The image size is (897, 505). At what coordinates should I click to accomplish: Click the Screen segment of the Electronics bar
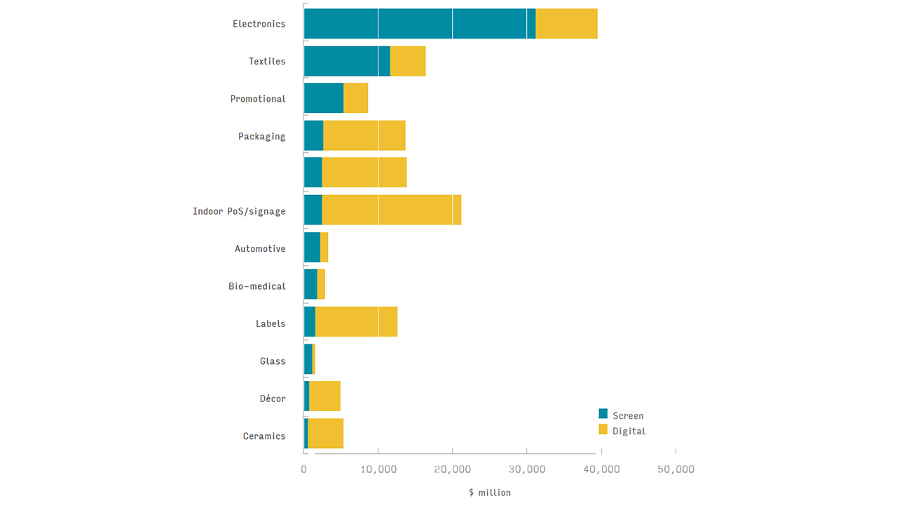[x=419, y=24]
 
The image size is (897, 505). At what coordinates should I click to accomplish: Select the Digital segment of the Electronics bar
[x=566, y=24]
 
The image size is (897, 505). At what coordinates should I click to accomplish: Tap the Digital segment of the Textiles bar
[x=408, y=62]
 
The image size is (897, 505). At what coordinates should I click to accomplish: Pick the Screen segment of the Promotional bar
[x=324, y=99]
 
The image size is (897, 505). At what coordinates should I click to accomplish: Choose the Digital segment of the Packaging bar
[x=364, y=136]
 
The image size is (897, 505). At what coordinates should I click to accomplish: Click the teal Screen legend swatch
[x=603, y=414]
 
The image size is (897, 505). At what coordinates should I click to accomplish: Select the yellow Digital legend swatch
[x=603, y=429]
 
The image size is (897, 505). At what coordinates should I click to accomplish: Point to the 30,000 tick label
[x=526, y=469]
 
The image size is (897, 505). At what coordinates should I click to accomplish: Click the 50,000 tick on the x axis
[x=676, y=469]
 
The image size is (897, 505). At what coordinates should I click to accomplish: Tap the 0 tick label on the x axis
[x=304, y=469]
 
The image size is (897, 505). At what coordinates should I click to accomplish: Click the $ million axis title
[x=490, y=492]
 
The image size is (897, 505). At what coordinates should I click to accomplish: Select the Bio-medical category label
[x=257, y=286]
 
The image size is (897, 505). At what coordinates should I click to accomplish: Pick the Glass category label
[x=273, y=361]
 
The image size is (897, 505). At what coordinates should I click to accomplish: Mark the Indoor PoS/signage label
[x=239, y=211]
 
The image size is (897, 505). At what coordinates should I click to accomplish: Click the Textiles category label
[x=267, y=62]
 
